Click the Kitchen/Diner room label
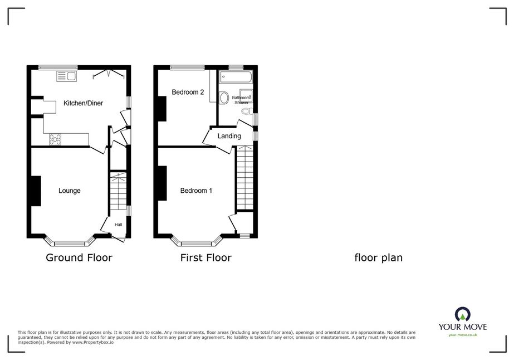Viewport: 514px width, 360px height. tap(84, 103)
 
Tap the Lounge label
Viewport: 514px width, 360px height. tap(70, 191)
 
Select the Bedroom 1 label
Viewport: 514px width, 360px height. tap(196, 191)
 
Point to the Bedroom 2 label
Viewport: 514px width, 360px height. tap(188, 92)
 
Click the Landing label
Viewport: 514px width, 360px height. tap(229, 136)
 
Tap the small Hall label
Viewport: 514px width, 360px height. tap(119, 225)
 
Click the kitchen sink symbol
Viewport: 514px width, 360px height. tap(66, 76)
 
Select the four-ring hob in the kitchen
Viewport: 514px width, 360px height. tap(55, 139)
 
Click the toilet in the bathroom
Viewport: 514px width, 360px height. tap(247, 111)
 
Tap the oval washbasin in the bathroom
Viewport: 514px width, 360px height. tap(224, 98)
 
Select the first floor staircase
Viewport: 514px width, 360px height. tap(245, 178)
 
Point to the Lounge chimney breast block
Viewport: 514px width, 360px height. tap(36, 191)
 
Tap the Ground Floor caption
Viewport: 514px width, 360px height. tap(79, 257)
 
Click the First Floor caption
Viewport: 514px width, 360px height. tap(206, 257)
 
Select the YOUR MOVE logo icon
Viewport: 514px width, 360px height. tap(463, 314)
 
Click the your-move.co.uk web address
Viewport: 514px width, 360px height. tap(463, 335)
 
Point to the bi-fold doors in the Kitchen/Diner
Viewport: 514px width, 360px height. tap(109, 74)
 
